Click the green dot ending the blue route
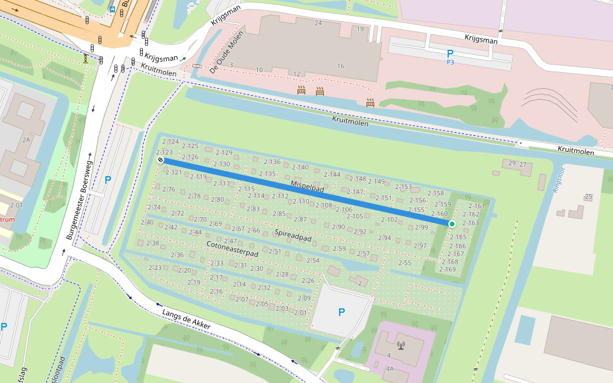452,224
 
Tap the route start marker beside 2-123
160,160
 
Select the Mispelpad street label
308,187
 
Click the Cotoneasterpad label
232,248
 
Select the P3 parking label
450,63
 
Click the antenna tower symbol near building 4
401,346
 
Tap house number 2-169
448,269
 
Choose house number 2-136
272,162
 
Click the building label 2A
26,139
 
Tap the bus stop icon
112,10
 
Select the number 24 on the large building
318,23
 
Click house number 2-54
313,260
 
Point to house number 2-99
421,227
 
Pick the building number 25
589,196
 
